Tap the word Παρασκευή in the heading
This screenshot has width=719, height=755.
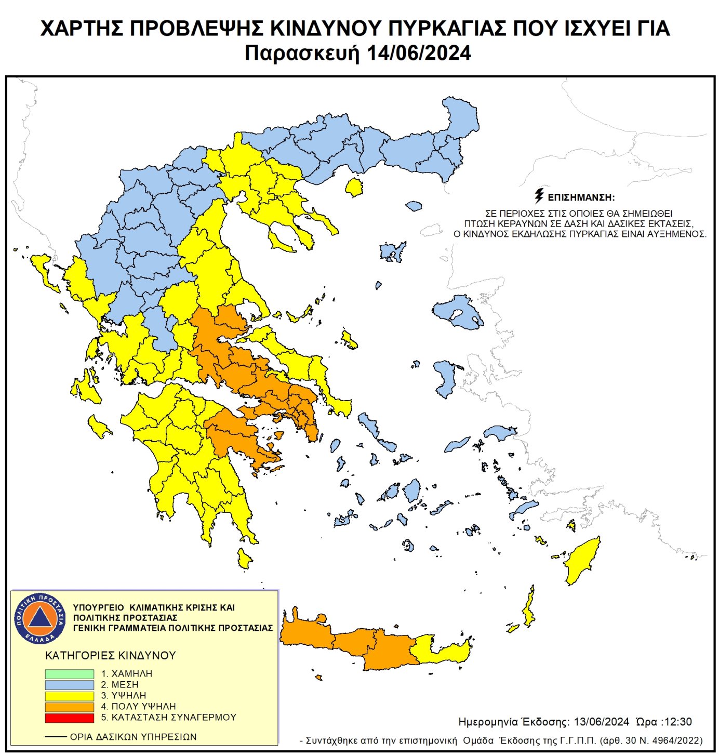point(302,53)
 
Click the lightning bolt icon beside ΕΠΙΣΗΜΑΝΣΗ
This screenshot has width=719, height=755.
point(539,196)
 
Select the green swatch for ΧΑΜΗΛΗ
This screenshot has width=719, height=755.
point(69,674)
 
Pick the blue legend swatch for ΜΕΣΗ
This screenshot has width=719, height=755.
point(69,685)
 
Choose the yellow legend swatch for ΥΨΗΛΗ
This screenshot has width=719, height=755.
point(69,696)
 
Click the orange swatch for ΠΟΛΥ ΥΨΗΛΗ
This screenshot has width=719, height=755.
point(69,707)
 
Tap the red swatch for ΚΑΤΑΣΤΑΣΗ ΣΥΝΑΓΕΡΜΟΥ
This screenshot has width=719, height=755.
point(69,718)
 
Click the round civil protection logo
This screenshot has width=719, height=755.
point(40,618)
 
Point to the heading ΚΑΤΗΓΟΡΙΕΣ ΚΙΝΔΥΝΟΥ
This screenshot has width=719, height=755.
point(111,656)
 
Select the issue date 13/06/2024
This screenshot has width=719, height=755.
point(601,722)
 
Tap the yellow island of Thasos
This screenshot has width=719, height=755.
point(354,187)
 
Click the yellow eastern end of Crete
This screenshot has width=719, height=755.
point(442,650)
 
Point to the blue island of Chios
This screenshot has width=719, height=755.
point(445,378)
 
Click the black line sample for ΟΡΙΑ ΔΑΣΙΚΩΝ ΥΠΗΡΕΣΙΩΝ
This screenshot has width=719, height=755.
point(56,737)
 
